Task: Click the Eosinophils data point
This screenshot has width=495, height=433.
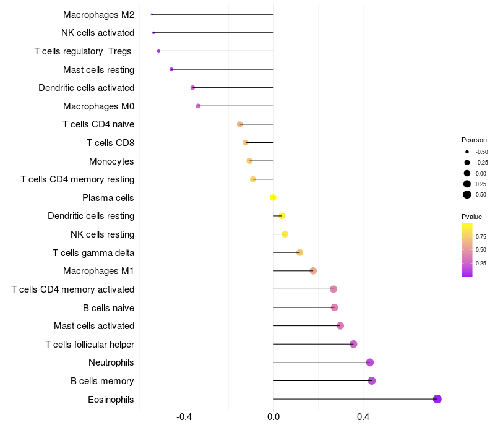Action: click(x=437, y=399)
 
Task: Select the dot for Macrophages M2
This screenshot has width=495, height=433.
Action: click(x=152, y=14)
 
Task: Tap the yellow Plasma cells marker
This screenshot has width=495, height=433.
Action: click(x=273, y=198)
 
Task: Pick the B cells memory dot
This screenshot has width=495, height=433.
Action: click(x=372, y=380)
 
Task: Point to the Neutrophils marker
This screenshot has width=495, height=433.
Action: click(x=370, y=362)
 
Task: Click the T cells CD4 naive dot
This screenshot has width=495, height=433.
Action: click(x=240, y=124)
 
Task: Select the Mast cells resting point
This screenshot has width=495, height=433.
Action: click(x=171, y=69)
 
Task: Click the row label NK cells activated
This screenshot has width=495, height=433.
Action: click(x=98, y=33)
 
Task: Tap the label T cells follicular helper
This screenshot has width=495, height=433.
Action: click(x=90, y=344)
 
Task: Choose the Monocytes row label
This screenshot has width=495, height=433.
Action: click(x=111, y=161)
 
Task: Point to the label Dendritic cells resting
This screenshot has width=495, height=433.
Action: click(x=91, y=216)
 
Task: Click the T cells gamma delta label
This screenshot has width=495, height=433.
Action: click(x=93, y=252)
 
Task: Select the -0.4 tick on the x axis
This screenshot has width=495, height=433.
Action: click(x=184, y=417)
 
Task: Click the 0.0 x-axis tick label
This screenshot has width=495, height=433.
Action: click(x=273, y=417)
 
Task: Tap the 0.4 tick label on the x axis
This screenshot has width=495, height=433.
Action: click(x=363, y=417)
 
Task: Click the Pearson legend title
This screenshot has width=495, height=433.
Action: click(x=474, y=140)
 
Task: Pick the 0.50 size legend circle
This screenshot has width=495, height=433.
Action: click(x=467, y=195)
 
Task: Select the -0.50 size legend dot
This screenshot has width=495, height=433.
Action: click(x=467, y=152)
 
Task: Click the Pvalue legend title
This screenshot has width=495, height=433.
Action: click(x=471, y=216)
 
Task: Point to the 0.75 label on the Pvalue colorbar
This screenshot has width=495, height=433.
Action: click(x=481, y=236)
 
